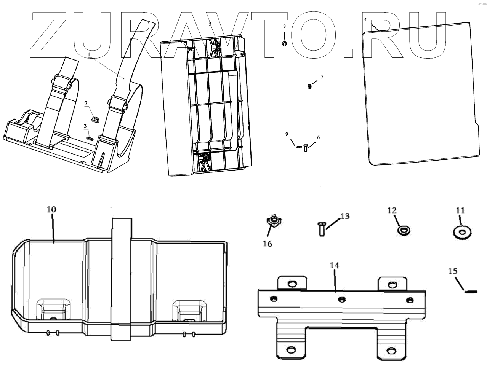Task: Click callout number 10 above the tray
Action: (x=51, y=209)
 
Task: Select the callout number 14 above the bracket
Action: (x=334, y=265)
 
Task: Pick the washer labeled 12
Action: (x=404, y=230)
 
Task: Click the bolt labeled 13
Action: (x=321, y=230)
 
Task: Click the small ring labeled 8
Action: (x=284, y=44)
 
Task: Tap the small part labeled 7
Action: (x=309, y=86)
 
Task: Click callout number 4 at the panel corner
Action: (x=365, y=19)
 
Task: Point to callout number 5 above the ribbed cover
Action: (x=210, y=24)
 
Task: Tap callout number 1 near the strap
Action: (x=89, y=54)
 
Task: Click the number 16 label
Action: (x=268, y=244)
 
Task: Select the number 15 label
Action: (x=453, y=271)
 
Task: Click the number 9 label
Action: (x=286, y=134)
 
